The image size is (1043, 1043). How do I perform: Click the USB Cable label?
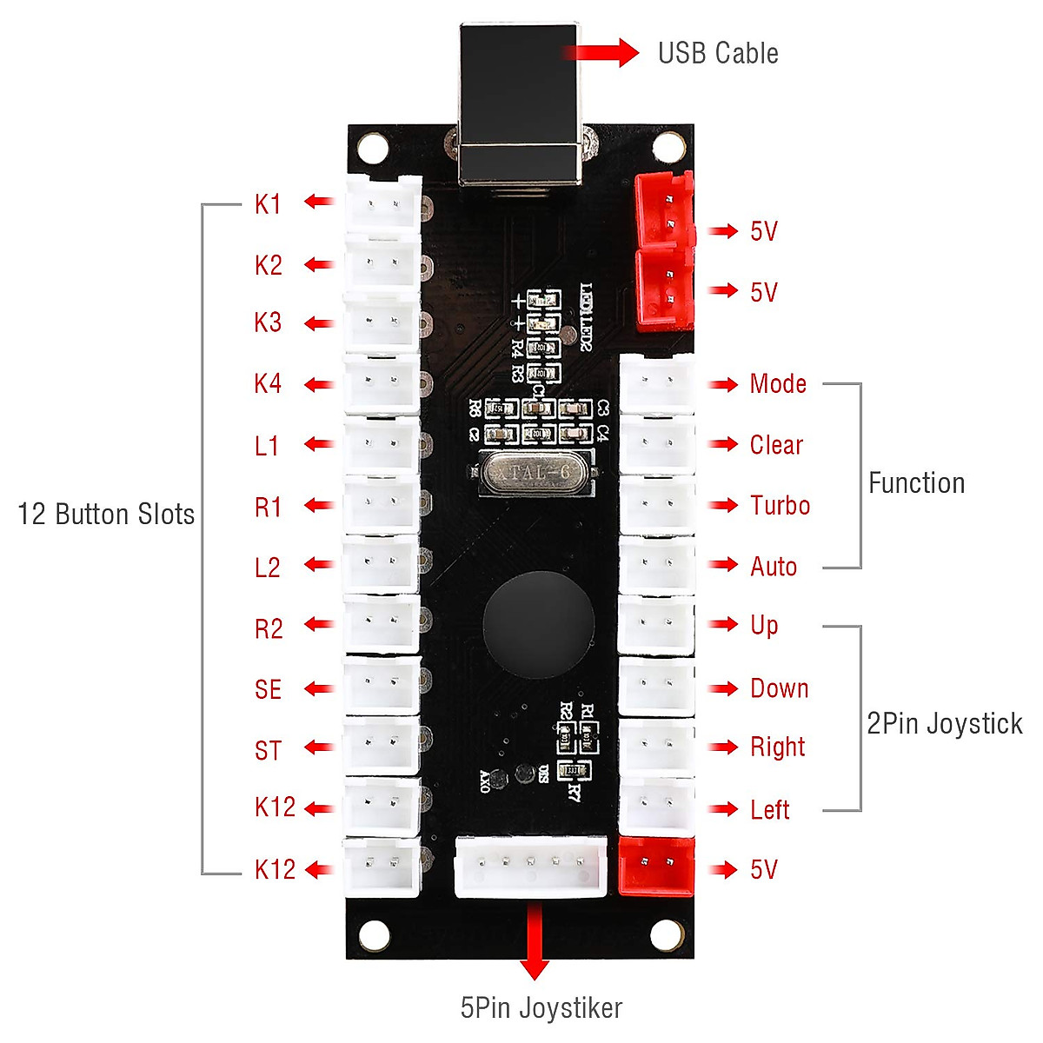coord(717,53)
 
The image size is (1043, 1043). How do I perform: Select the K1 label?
coord(268,204)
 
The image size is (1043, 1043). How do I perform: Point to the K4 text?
coord(268,383)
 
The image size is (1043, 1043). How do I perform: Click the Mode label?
coord(778,384)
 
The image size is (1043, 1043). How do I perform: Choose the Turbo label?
coord(780,505)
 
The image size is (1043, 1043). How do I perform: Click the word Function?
coord(916,483)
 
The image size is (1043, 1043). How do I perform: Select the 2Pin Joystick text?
coord(944,723)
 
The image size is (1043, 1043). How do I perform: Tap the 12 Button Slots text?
coord(106,514)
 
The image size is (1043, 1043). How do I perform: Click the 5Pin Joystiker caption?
coord(541,1007)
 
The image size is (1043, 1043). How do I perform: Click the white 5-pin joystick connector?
coord(531,866)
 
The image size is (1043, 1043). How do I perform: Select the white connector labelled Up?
coord(656,625)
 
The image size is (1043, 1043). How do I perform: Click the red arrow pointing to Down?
coord(722,688)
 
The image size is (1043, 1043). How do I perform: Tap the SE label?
coord(268,689)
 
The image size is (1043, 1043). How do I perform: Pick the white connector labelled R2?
coord(382,624)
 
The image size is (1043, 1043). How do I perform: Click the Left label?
coord(769,810)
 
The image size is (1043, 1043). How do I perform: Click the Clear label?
coord(776,445)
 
